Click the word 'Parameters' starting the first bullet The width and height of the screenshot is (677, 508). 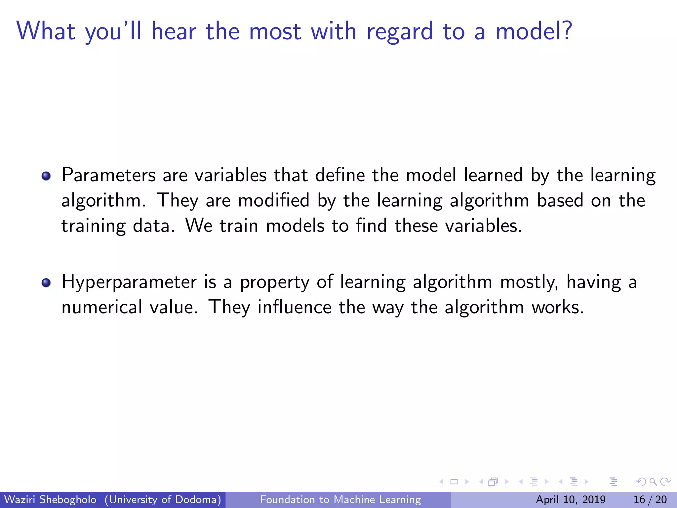108,175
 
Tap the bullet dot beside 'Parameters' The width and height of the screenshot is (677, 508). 46,176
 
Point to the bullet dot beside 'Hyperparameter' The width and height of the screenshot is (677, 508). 46,283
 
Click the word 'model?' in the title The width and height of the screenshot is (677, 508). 534,31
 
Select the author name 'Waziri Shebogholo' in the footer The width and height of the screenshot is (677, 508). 51,499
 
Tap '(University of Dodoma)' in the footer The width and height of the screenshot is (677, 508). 163,499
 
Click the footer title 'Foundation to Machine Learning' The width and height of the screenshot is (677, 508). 340,499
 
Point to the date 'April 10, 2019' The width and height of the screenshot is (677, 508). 571,499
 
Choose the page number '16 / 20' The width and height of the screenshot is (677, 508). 650,499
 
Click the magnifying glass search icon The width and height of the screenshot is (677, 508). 653,482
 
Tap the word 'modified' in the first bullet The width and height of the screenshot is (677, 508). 274,201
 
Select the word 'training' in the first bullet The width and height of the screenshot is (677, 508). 94,227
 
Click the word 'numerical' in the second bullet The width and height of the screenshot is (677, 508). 102,307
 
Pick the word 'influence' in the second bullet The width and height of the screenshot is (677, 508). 294,307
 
